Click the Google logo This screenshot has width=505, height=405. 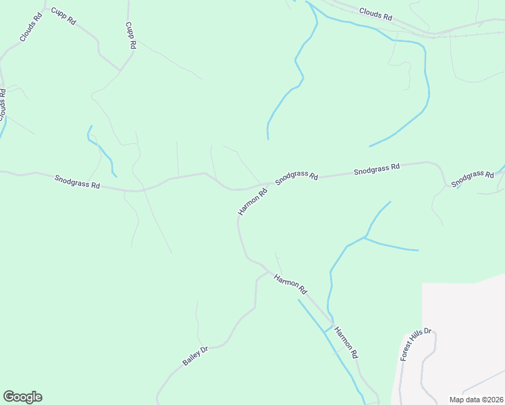(x=22, y=397)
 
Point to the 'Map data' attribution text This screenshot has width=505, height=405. (x=472, y=399)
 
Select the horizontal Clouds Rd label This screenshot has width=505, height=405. (x=375, y=13)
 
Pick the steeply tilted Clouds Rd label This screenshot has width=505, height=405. (x=31, y=27)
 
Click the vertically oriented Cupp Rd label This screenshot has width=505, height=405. (x=131, y=35)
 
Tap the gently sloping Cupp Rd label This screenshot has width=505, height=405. (x=63, y=16)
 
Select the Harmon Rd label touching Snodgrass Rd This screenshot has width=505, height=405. (x=252, y=202)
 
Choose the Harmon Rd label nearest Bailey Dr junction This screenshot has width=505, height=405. (x=291, y=283)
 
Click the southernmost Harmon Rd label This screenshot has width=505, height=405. (x=346, y=342)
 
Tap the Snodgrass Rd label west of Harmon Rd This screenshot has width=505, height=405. (x=77, y=182)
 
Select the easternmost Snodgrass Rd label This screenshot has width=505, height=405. (x=473, y=179)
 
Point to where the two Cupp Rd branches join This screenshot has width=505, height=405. (x=121, y=70)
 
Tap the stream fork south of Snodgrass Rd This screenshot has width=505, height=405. (x=365, y=238)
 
